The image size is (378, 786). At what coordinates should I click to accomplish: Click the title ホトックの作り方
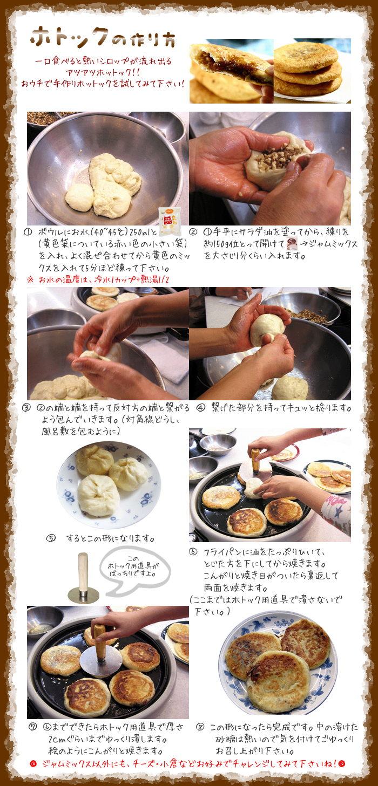click(x=103, y=37)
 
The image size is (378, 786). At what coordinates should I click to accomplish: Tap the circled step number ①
click(x=28, y=232)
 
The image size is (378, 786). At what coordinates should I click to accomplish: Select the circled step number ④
click(x=200, y=408)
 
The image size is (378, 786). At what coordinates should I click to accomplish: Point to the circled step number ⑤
click(x=51, y=538)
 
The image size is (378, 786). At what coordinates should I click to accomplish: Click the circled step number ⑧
click(x=200, y=727)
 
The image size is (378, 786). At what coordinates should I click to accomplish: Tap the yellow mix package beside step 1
click(x=170, y=221)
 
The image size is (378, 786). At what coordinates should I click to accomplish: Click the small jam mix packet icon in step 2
click(x=292, y=242)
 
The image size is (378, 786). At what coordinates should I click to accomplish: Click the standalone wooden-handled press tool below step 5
click(x=83, y=577)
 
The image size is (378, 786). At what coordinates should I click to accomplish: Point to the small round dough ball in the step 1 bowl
click(x=80, y=197)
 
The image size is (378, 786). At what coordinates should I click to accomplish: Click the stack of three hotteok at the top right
click(x=307, y=69)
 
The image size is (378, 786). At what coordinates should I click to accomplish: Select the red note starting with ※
click(x=98, y=279)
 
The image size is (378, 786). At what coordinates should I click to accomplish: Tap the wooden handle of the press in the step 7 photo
click(x=99, y=643)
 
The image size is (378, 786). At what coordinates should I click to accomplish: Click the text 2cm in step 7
click(x=56, y=739)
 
